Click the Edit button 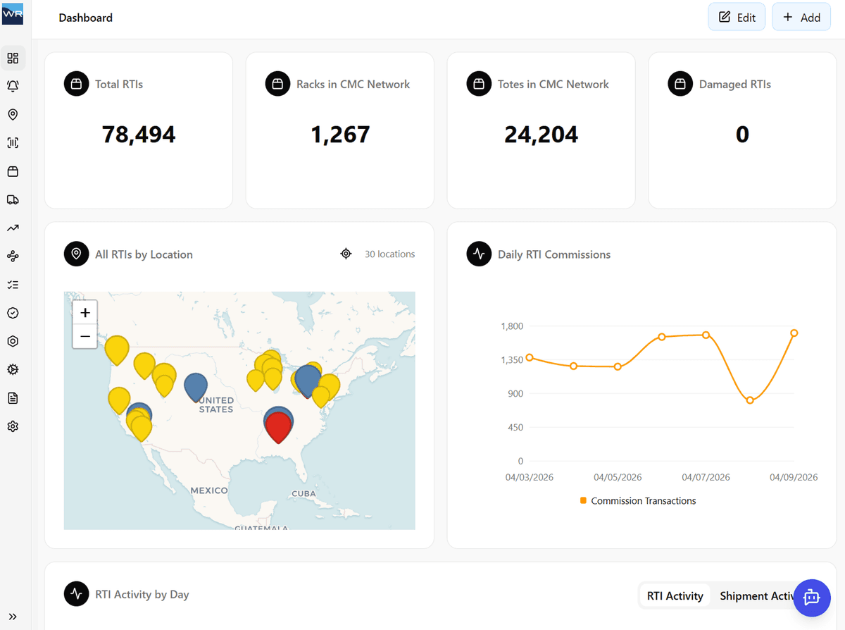(x=737, y=18)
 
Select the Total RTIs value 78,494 (x=139, y=134)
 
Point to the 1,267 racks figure (x=340, y=134)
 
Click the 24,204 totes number (x=541, y=134)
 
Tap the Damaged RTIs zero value (x=742, y=134)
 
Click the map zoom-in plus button (x=85, y=313)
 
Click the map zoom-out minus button (x=85, y=337)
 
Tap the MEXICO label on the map (x=209, y=490)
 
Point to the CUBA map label (x=303, y=493)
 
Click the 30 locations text (x=389, y=254)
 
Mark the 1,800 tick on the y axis (x=512, y=326)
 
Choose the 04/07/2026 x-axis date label (x=706, y=477)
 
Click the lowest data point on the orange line (x=750, y=400)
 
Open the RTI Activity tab (x=675, y=596)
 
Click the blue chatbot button (x=812, y=598)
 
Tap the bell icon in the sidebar (x=13, y=86)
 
